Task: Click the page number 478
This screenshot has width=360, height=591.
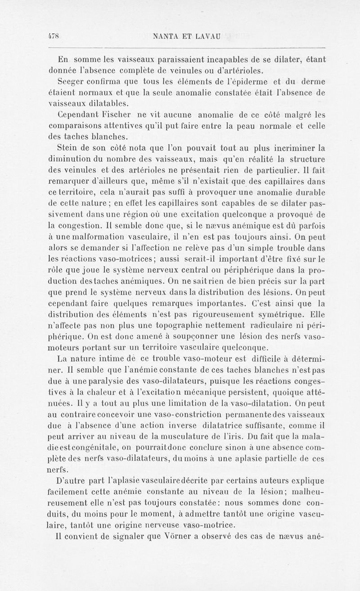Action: (x=54, y=36)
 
